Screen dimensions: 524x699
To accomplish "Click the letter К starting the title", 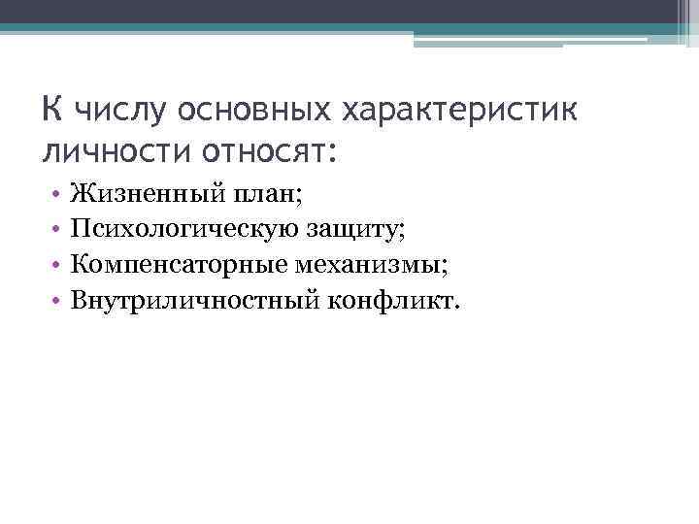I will (x=53, y=108).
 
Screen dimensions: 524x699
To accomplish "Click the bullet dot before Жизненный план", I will (x=57, y=196).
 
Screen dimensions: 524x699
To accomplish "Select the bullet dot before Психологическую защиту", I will (x=57, y=231).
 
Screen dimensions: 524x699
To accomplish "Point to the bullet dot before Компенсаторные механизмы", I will (x=57, y=265).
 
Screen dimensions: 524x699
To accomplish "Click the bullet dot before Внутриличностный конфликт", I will (x=57, y=300).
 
